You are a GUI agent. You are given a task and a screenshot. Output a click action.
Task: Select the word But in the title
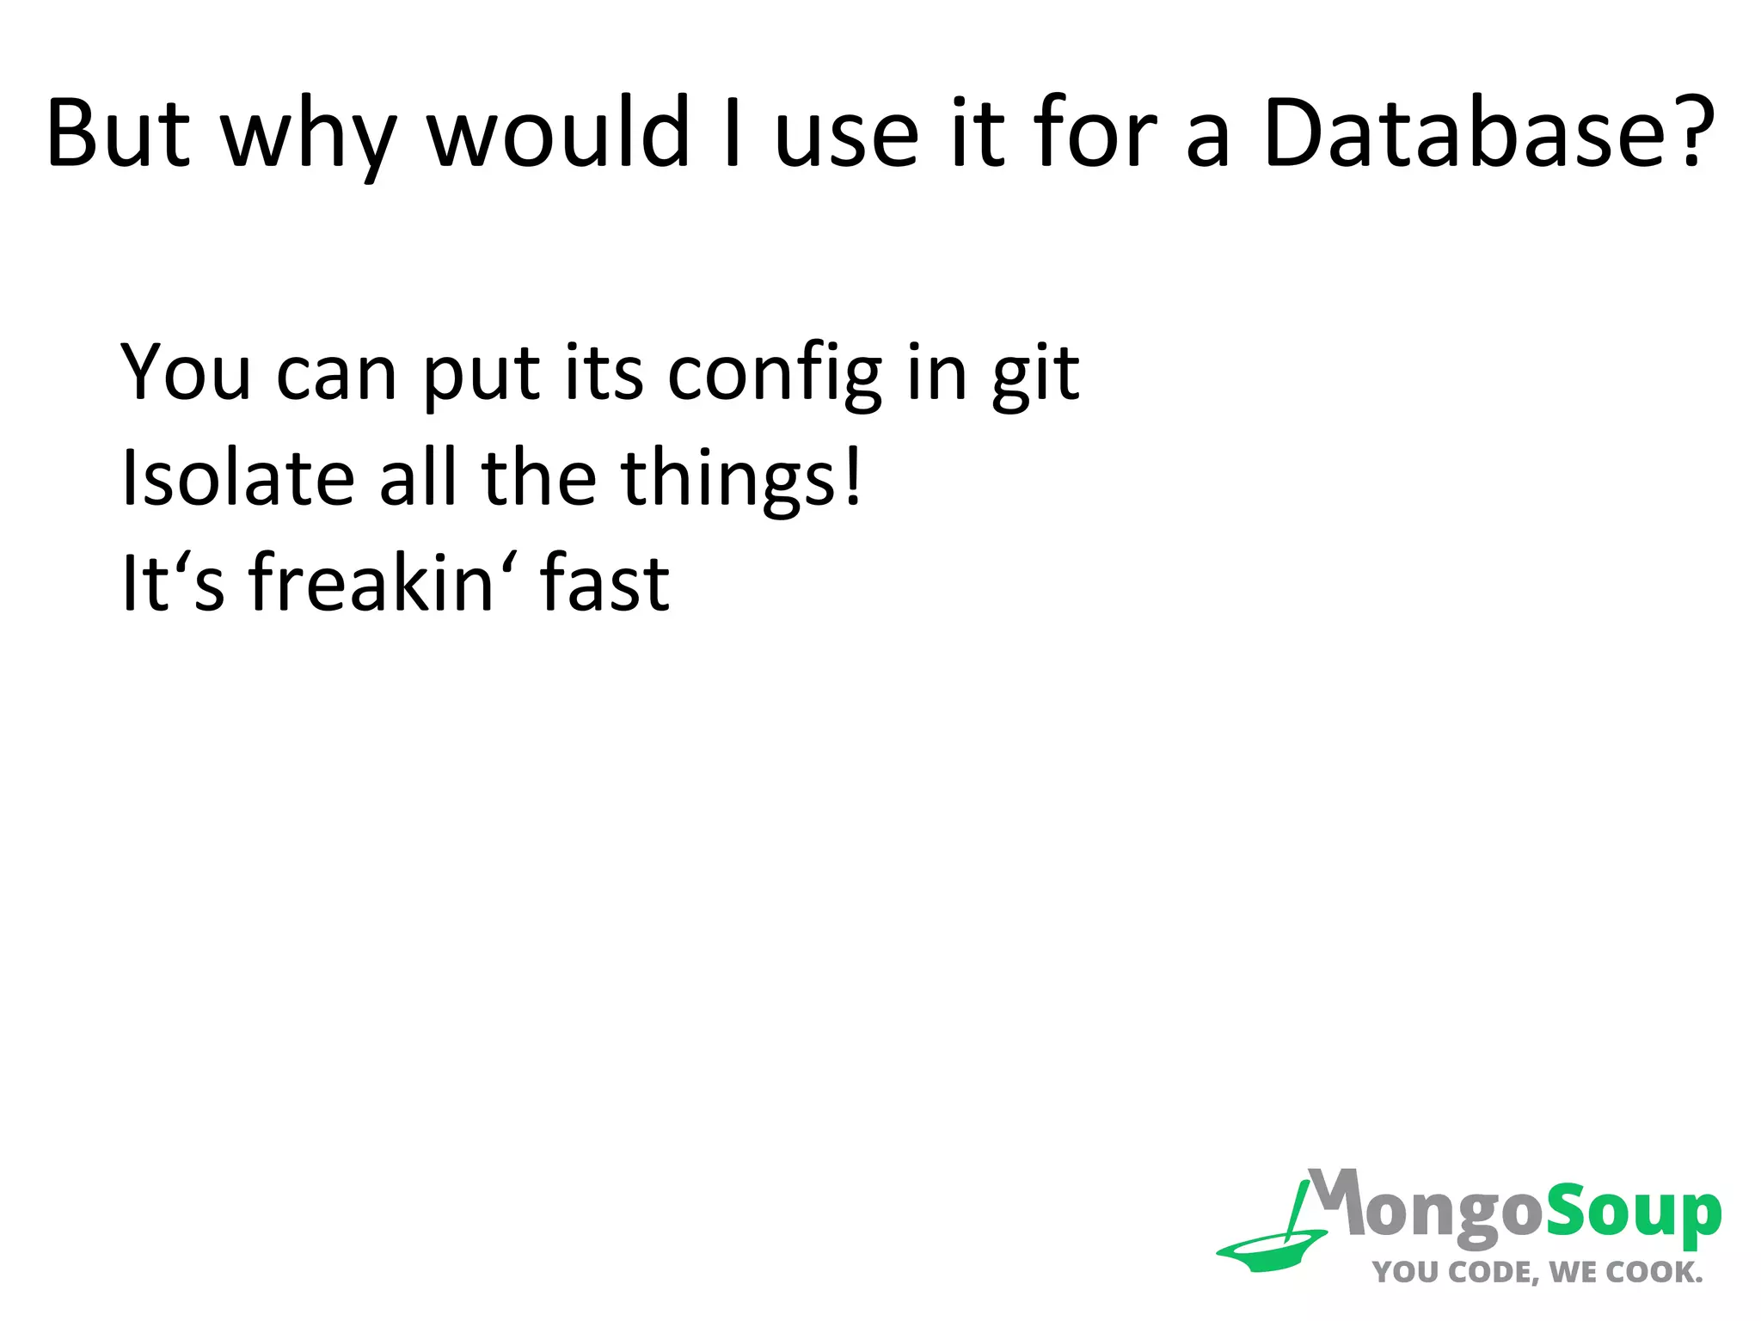tap(118, 133)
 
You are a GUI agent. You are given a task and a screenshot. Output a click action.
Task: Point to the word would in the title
tap(559, 133)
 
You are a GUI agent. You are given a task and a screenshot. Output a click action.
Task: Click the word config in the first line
tap(775, 375)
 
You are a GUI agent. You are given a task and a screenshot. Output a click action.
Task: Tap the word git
tap(1035, 375)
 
